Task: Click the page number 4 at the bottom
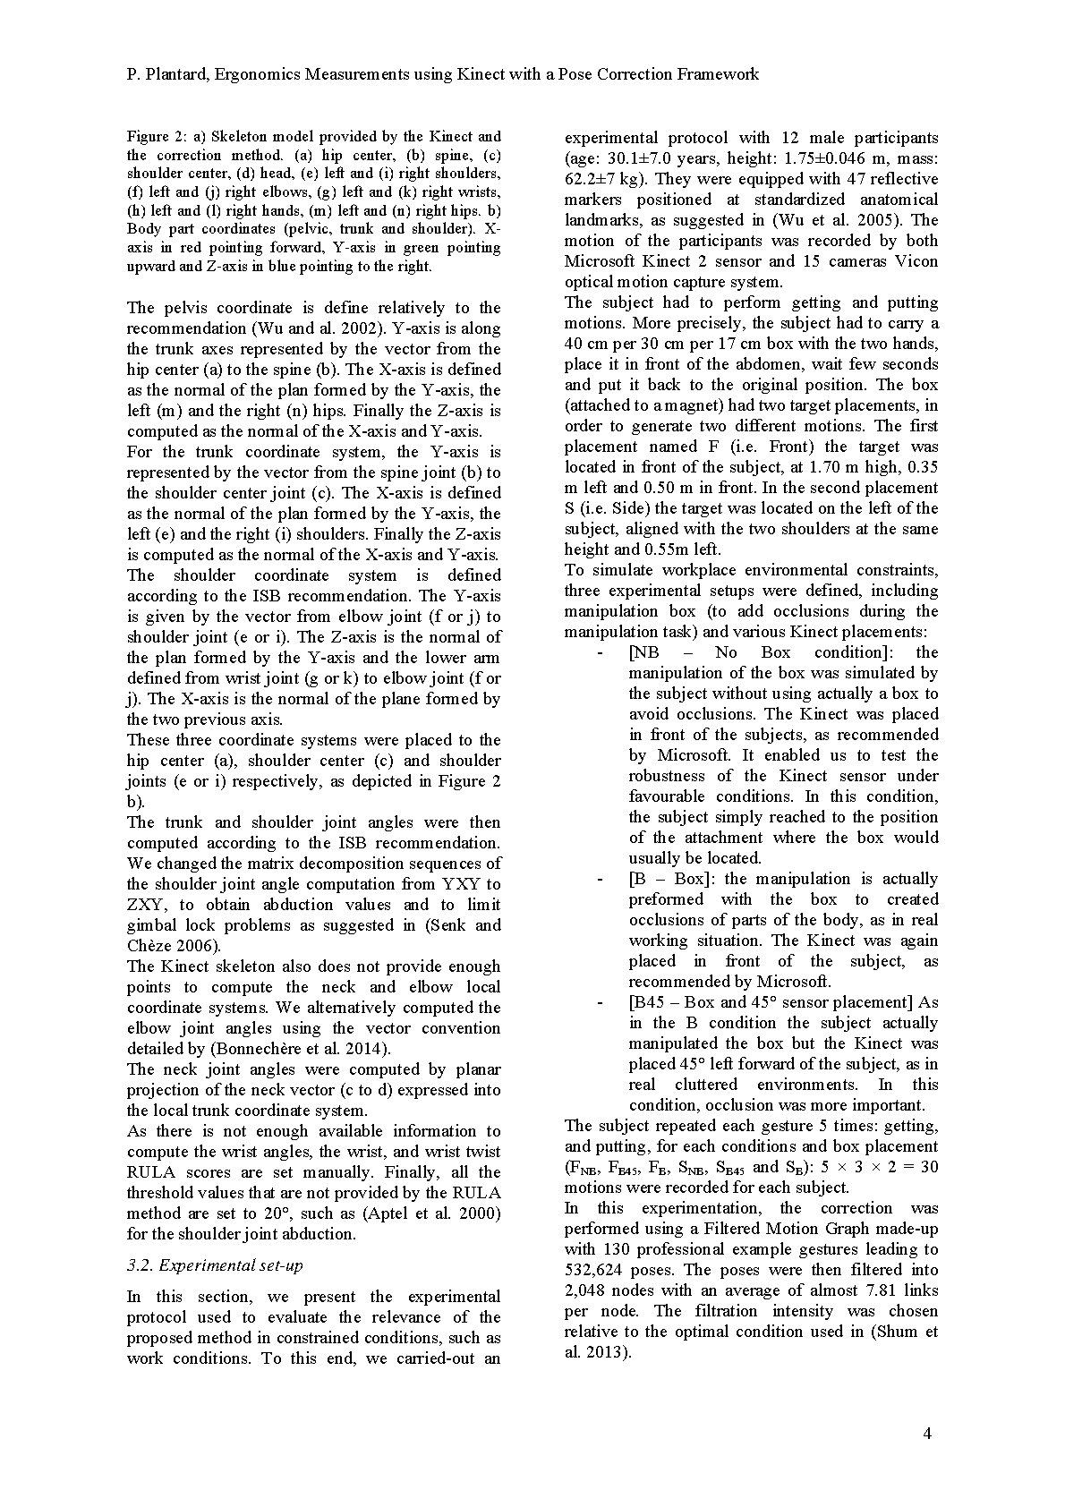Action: pos(927,1434)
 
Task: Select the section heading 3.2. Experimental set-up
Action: pos(215,1265)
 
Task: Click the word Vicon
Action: pos(916,261)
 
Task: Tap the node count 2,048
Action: pos(588,1290)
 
